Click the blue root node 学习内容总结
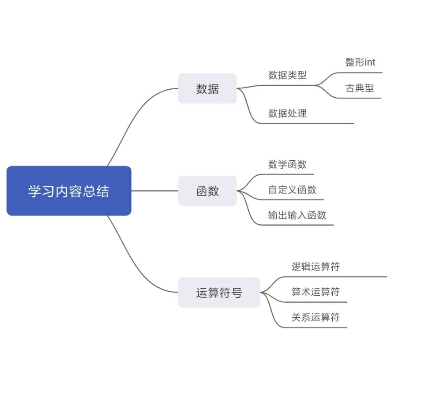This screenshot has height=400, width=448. pos(69,191)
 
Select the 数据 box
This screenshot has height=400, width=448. pos(207,88)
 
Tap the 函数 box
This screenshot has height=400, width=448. pos(207,191)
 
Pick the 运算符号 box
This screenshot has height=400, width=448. pos(219,293)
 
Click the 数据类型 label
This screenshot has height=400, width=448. pos(287,75)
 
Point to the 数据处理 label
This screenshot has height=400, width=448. pos(287,113)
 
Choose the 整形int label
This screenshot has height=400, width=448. pos(360,62)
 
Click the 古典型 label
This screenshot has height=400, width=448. pos(359,88)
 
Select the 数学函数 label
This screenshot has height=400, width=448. pos(287,164)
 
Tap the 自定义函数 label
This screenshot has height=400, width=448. pos(292,189)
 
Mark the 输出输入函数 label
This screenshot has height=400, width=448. pos(297,215)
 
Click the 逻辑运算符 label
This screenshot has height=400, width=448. pos(316,266)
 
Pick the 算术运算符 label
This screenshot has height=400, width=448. pos(316,292)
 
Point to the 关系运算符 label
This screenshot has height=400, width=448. pos(316,317)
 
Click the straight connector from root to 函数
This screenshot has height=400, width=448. pos(154,191)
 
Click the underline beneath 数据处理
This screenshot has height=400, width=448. pos(306,124)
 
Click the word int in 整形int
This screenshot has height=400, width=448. pos(370,62)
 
